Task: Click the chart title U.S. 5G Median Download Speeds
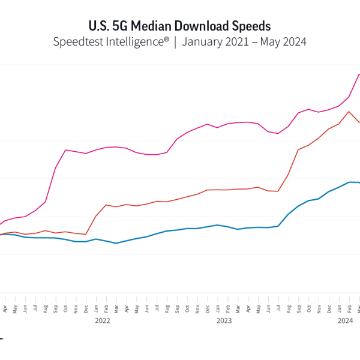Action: pos(179,26)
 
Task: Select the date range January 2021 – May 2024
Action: pos(244,42)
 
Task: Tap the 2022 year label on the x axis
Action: pos(102,320)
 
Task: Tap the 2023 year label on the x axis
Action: pos(224,320)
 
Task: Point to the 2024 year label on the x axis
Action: pos(345,320)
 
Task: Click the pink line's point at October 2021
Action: pos(65,150)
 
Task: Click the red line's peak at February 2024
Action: pos(349,112)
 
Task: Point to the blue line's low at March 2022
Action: pos(116,243)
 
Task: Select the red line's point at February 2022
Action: pos(106,205)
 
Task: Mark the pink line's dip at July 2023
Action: pos(278,133)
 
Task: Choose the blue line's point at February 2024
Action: pos(349,182)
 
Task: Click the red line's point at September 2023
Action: pos(298,149)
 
